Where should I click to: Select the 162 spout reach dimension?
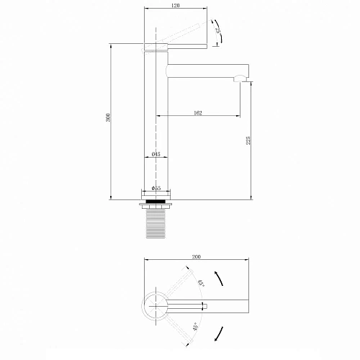pyautogui.click(x=197, y=113)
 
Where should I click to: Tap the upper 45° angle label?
pyautogui.click(x=200, y=283)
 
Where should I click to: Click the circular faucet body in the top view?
pyautogui.click(x=154, y=305)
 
